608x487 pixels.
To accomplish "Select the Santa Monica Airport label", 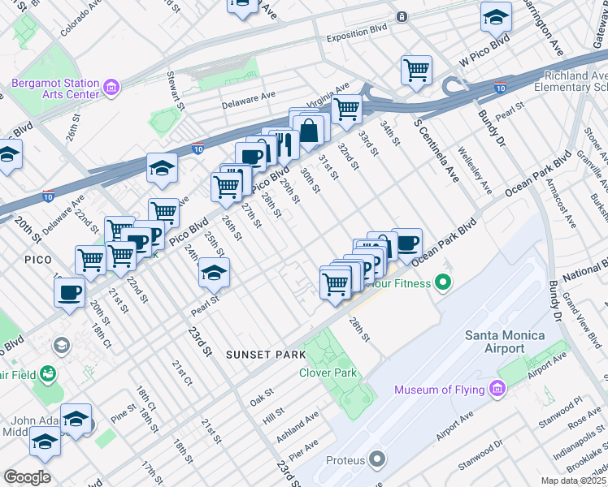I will click(x=505, y=342).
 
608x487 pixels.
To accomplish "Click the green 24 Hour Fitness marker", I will click(x=443, y=283).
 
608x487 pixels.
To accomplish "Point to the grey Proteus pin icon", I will click(x=376, y=460).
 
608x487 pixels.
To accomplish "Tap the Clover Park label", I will click(x=328, y=373).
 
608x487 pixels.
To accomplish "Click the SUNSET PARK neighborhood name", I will click(x=265, y=355).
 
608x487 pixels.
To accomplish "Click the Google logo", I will click(x=28, y=477).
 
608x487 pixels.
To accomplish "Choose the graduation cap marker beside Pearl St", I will click(x=214, y=274).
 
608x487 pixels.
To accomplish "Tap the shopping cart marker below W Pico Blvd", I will click(x=416, y=70).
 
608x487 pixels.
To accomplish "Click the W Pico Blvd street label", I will click(x=484, y=50).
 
